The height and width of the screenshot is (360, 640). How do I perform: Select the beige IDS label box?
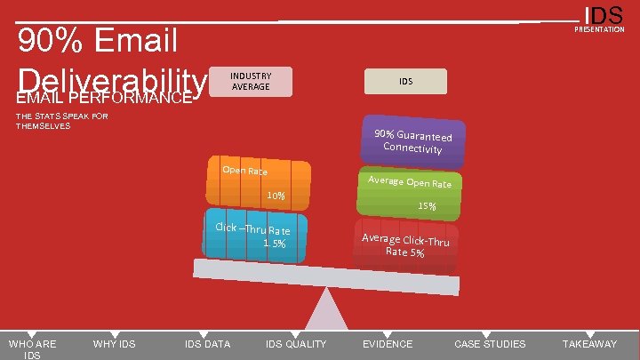tap(405, 81)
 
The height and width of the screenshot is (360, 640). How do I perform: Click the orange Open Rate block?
tap(259, 184)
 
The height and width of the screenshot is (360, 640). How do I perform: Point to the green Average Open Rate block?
tap(409, 193)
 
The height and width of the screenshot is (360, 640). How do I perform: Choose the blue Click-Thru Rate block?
tap(255, 236)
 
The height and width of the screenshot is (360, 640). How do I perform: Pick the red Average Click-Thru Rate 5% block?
tap(405, 245)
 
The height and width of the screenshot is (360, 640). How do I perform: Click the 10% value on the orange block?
tap(276, 196)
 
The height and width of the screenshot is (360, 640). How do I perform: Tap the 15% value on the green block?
tap(427, 206)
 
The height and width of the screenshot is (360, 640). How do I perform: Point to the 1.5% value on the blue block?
tap(274, 244)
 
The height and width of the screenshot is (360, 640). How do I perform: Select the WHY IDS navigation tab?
tap(115, 344)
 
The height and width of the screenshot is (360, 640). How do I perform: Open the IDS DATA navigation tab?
tap(207, 344)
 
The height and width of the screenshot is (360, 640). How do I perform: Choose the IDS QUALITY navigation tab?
tap(296, 344)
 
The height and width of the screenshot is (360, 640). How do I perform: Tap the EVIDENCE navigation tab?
tap(388, 344)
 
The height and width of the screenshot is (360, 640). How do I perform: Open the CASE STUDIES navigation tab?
tap(490, 344)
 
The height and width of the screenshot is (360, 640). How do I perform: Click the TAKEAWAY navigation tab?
tap(589, 344)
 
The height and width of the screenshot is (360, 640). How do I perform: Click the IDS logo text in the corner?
tap(604, 15)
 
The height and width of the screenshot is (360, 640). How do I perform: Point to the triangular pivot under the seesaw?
tap(329, 316)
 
